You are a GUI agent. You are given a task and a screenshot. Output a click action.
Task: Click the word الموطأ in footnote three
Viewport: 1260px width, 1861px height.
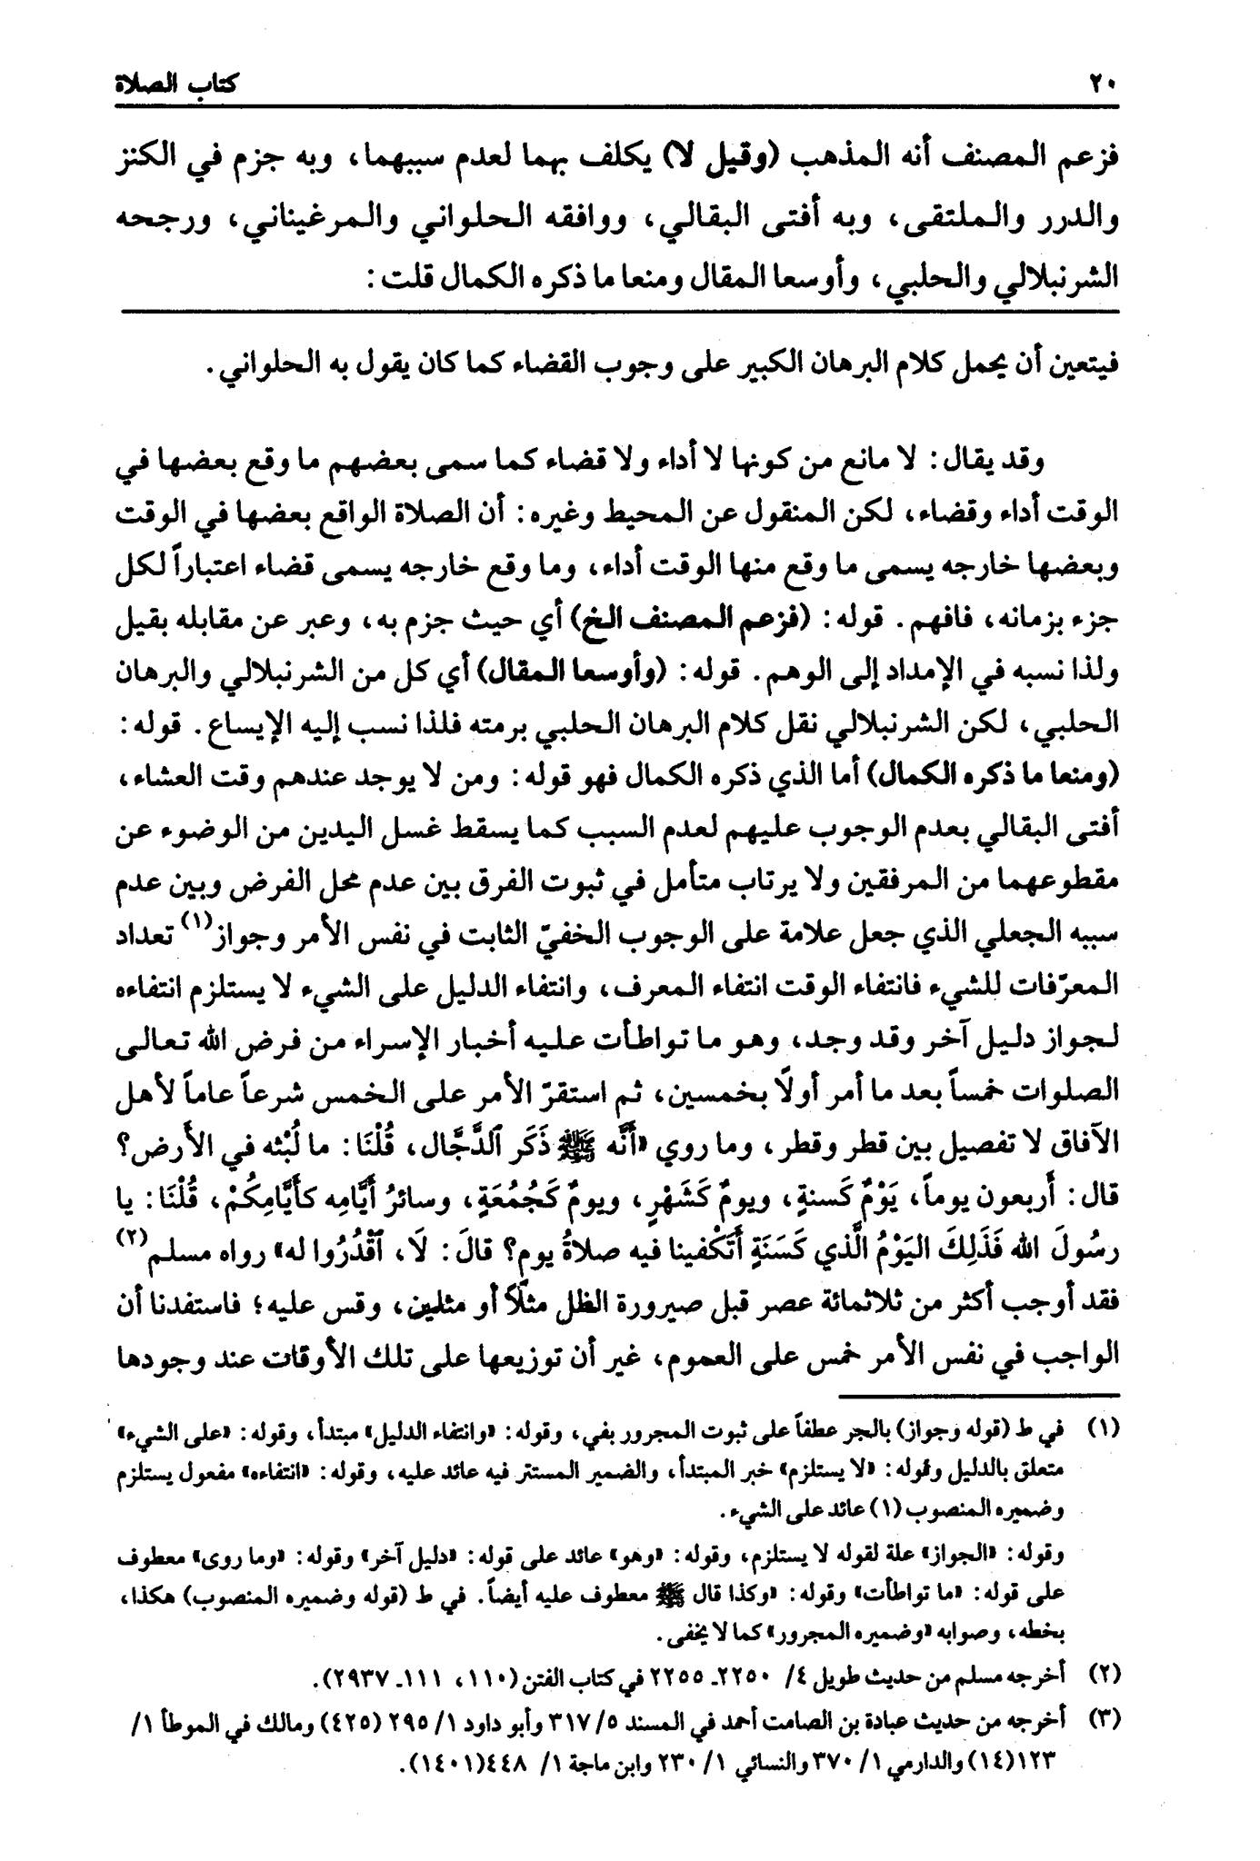coord(195,1712)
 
